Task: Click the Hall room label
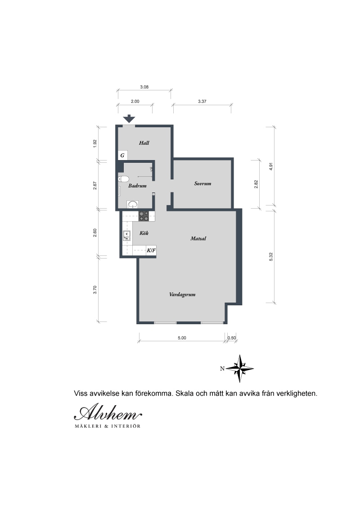pos(144,143)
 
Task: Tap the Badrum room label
pos(137,186)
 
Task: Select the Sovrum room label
pos(203,183)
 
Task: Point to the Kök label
pos(144,233)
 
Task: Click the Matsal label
pos(198,238)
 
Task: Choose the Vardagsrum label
pos(182,295)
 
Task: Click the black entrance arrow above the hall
pos(129,119)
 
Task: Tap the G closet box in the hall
pos(122,155)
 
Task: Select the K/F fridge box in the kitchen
pos(151,250)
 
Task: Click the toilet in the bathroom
pos(123,179)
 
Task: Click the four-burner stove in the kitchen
pos(144,216)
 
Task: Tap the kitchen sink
pos(127,236)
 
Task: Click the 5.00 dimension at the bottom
pos(182,338)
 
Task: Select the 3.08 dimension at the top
pos(144,87)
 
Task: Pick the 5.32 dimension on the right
pos(271,256)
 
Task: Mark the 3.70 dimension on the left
pos(95,290)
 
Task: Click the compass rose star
pos(240,368)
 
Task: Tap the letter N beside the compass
pos(222,368)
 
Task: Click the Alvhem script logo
pos(108,412)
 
